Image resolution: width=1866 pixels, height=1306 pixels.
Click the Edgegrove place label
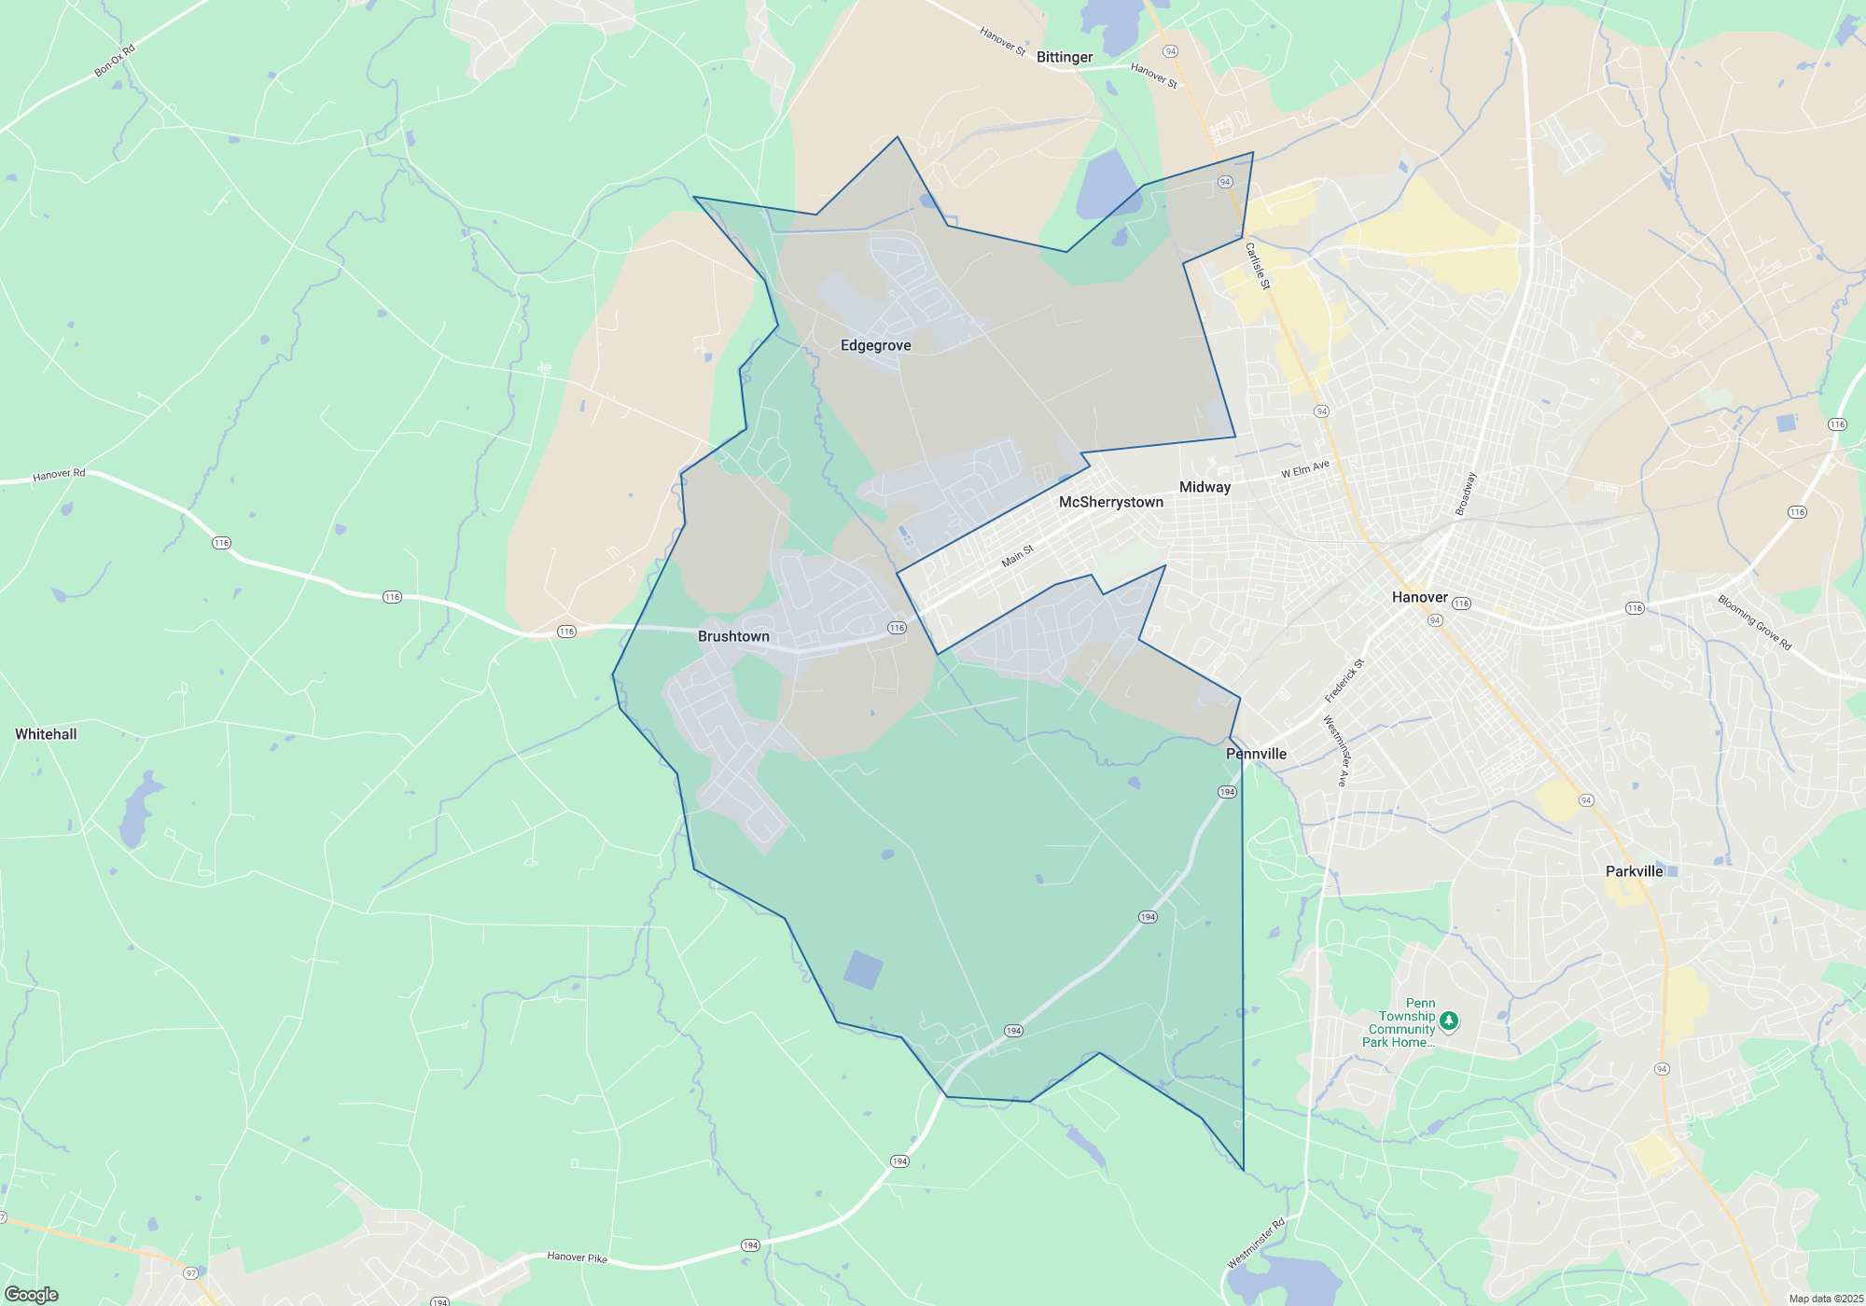tap(875, 345)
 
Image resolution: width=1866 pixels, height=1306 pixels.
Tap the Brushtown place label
tap(733, 636)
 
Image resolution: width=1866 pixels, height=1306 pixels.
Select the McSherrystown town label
tap(1110, 502)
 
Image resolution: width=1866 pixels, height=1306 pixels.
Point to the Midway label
tap(1205, 487)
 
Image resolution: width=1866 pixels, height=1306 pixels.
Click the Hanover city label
tap(1419, 597)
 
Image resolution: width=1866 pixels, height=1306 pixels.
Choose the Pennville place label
tap(1256, 754)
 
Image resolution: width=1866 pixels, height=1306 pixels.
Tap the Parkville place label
tap(1634, 871)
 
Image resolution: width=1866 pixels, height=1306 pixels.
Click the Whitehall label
tap(46, 734)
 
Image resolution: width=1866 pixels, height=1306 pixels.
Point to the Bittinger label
tap(1065, 57)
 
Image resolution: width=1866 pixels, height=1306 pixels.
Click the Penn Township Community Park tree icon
tap(1448, 1021)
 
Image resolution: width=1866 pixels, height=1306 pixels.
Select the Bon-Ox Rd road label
tap(115, 61)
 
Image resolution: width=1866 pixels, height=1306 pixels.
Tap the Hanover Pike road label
tap(577, 1257)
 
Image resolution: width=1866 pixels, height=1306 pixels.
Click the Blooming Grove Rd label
tap(1755, 622)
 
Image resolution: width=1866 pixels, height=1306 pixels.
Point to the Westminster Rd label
tap(1256, 1243)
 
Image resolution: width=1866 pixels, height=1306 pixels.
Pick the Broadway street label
tap(1466, 493)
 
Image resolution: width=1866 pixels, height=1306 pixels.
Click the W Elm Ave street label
tap(1304, 469)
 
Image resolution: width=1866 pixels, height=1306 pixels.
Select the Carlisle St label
tap(1258, 266)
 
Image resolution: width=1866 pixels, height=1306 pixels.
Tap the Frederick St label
tap(1344, 681)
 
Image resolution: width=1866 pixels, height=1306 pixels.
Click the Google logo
tap(32, 1294)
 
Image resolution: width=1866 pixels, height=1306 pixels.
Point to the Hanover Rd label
tap(59, 475)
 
